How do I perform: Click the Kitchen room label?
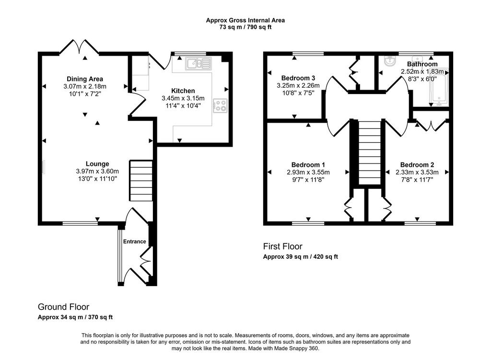(x=183, y=91)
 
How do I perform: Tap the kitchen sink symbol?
(x=199, y=63)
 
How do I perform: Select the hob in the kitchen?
(x=220, y=105)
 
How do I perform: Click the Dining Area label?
(x=84, y=79)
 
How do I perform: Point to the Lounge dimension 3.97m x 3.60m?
(x=97, y=171)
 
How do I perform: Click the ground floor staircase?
(x=141, y=181)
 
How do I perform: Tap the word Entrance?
(x=134, y=241)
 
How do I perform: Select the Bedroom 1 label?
(x=308, y=165)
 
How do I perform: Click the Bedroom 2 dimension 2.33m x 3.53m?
(x=417, y=172)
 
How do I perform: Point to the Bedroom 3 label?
(x=298, y=78)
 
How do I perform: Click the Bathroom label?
(x=422, y=64)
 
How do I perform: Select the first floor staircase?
(x=370, y=152)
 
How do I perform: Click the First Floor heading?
(x=283, y=246)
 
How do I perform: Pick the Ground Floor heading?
(x=64, y=307)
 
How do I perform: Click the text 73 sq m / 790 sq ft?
(x=245, y=27)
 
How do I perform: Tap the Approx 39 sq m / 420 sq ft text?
(x=300, y=256)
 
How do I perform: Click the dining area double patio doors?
(x=80, y=47)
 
